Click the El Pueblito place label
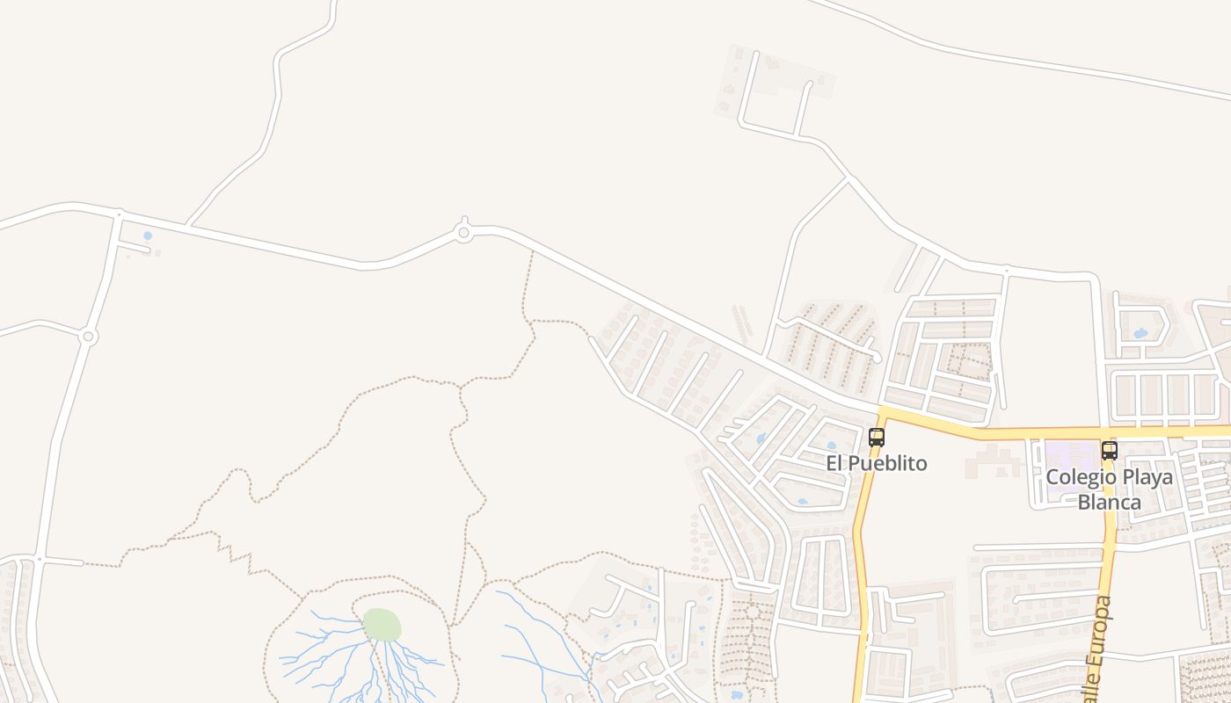coord(876,463)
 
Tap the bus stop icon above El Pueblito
coord(876,437)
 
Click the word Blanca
coord(1109,503)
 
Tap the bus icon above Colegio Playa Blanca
coord(1109,451)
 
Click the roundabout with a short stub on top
coord(464,233)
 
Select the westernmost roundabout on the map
coord(87,337)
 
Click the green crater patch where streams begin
coord(382,625)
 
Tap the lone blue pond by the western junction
coord(147,236)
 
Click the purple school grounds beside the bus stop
coord(1070,454)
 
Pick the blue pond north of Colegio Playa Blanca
coord(1140,334)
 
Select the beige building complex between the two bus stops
coord(994,460)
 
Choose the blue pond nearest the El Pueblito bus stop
coord(831,446)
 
